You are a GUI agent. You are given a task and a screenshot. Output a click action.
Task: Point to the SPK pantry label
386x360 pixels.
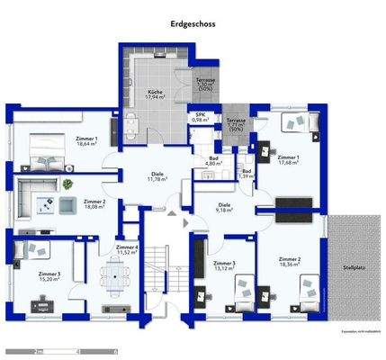click(x=199, y=114)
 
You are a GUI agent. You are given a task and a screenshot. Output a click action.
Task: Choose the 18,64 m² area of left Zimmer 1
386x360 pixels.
click(x=86, y=144)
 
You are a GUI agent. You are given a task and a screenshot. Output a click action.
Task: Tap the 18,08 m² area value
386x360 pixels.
click(x=94, y=206)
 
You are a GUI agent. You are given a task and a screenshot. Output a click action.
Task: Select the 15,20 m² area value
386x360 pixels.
click(x=49, y=279)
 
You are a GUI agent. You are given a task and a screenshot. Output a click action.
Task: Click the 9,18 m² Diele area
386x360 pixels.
click(x=224, y=210)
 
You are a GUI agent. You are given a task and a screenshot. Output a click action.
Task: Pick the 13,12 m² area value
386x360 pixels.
click(x=224, y=268)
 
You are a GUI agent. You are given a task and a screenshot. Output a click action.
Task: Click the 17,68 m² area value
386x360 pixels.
click(x=288, y=163)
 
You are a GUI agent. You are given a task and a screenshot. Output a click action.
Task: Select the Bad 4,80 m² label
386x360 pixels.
click(x=213, y=161)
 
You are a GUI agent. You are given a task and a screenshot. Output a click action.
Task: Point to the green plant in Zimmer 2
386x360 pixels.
click(x=68, y=185)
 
